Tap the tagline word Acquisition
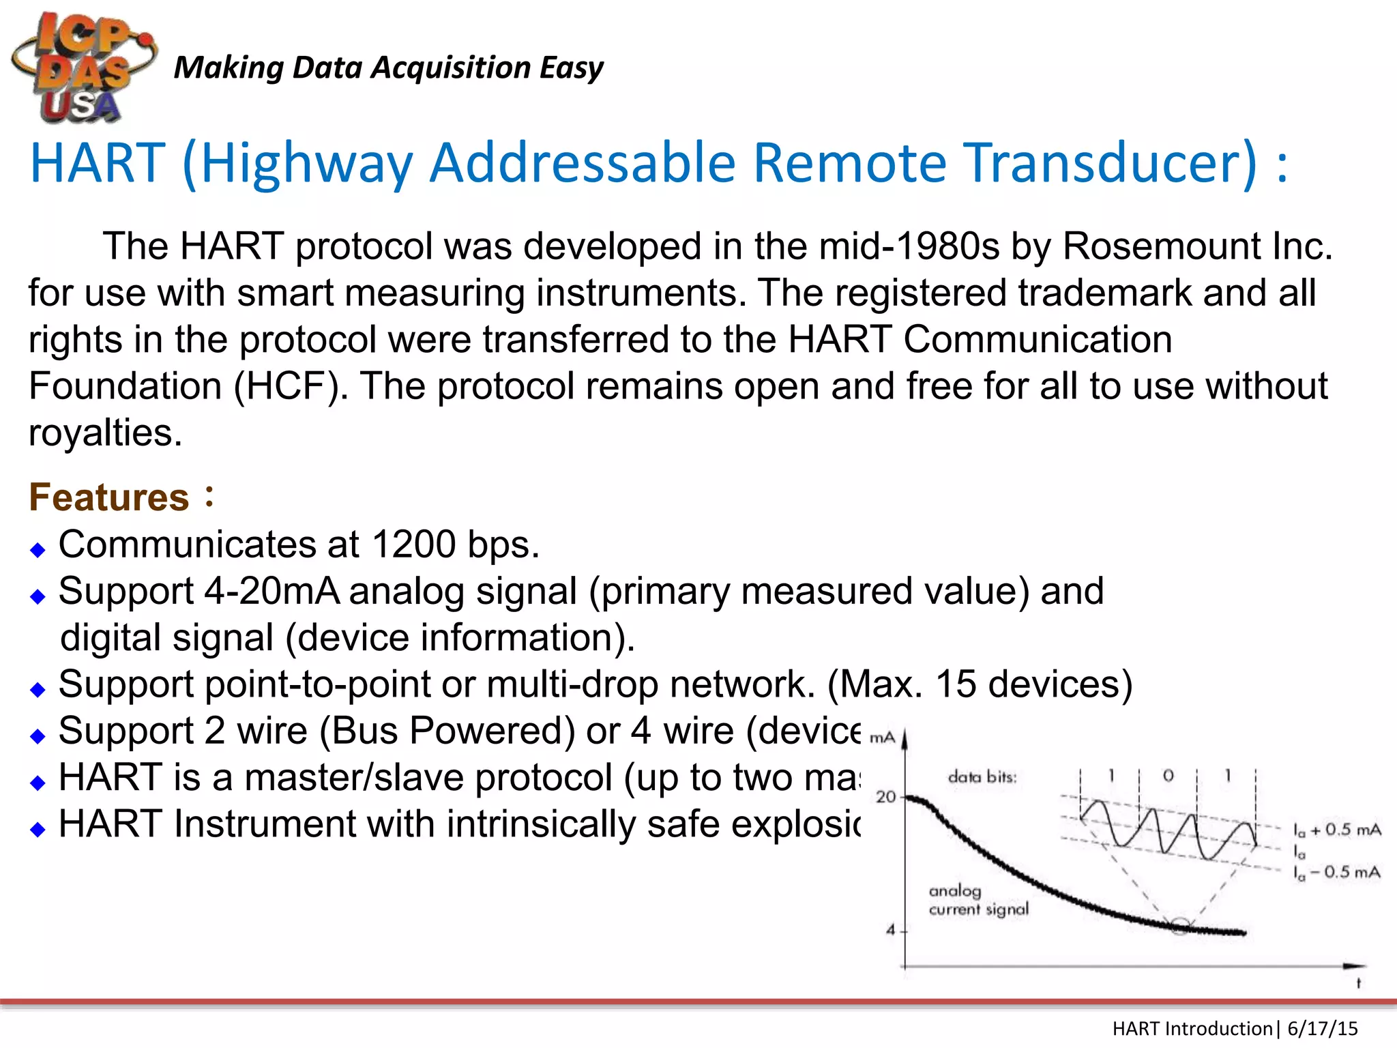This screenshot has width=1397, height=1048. click(x=451, y=68)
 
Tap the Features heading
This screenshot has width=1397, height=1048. click(x=109, y=497)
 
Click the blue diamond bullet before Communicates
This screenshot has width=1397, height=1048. click(x=38, y=549)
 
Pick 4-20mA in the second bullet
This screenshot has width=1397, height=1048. click(x=271, y=591)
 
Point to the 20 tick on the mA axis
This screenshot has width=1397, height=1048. click(x=885, y=796)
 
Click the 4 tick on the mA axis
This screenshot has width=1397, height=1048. click(x=891, y=929)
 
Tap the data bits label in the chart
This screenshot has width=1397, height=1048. click(x=982, y=776)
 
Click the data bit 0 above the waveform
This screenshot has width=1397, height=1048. click(x=1168, y=776)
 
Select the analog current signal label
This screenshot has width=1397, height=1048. click(x=978, y=900)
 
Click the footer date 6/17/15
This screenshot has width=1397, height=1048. click(x=1322, y=1028)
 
